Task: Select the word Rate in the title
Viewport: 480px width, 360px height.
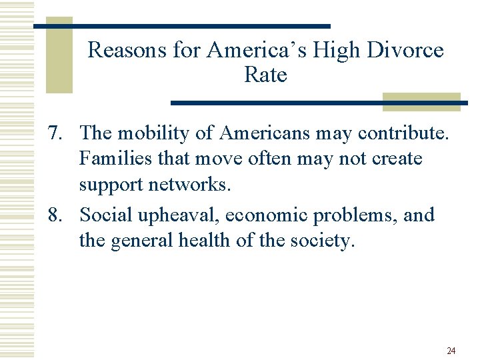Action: [265, 75]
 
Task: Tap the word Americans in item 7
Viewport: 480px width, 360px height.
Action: [265, 134]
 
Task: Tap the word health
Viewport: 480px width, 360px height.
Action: [212, 240]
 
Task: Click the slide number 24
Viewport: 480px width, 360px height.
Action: [451, 351]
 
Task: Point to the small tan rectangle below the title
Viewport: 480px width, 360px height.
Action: [421, 101]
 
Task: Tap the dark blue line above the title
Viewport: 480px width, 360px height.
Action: [181, 26]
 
